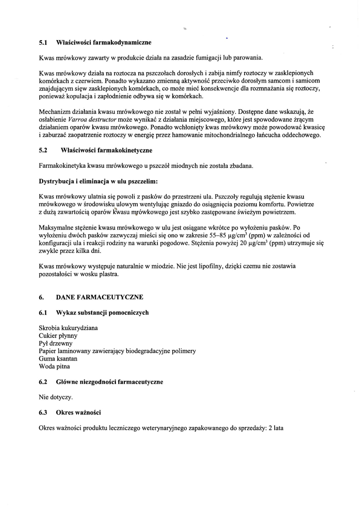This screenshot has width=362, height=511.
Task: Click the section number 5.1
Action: (x=43, y=43)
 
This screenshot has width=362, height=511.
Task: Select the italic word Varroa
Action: (x=77, y=119)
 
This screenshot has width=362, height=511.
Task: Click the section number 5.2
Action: (x=43, y=150)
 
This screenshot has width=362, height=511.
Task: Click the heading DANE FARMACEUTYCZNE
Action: (x=99, y=297)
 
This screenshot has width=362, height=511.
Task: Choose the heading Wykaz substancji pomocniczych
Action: (x=102, y=313)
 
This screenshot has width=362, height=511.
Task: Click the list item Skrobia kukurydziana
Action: (x=68, y=328)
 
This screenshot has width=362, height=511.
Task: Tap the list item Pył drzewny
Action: (x=55, y=343)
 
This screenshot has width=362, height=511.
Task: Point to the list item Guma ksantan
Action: (x=58, y=359)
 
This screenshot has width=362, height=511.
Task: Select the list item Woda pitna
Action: (x=54, y=366)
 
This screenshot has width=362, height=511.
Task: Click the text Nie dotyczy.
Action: (x=56, y=397)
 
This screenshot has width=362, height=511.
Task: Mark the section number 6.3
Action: (x=43, y=413)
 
